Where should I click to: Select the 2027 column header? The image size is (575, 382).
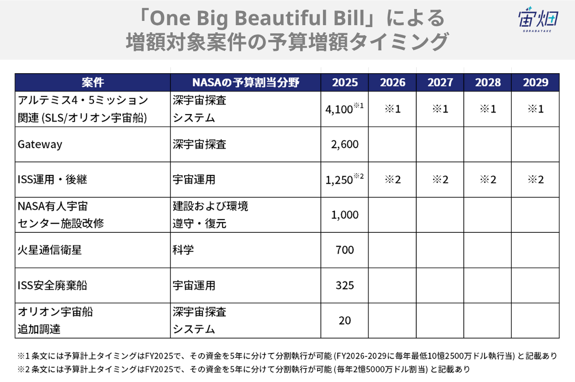(x=440, y=82)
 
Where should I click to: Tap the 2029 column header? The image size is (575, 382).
(x=536, y=82)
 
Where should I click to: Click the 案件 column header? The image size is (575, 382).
(x=92, y=82)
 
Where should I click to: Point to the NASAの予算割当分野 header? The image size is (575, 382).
(x=245, y=82)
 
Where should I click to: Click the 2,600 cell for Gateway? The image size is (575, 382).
(x=345, y=144)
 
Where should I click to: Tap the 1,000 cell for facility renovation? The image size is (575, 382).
(x=345, y=215)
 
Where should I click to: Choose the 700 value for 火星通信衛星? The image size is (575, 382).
(x=345, y=250)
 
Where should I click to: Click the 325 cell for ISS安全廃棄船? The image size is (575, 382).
(x=345, y=285)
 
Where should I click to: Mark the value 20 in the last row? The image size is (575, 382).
(x=345, y=320)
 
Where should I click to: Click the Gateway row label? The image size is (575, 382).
(x=40, y=144)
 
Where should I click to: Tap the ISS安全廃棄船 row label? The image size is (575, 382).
(x=52, y=285)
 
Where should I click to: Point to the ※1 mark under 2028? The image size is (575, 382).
(x=487, y=109)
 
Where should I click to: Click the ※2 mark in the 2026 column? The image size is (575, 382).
(x=392, y=180)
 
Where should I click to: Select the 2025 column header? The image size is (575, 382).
(x=345, y=82)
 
